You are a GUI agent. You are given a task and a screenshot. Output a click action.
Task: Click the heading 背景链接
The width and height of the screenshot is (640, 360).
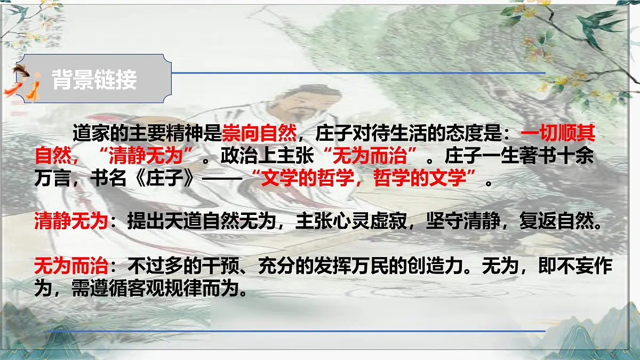pos(94,81)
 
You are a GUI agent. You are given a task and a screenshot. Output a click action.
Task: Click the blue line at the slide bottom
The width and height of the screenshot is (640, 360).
pos(296,331)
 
